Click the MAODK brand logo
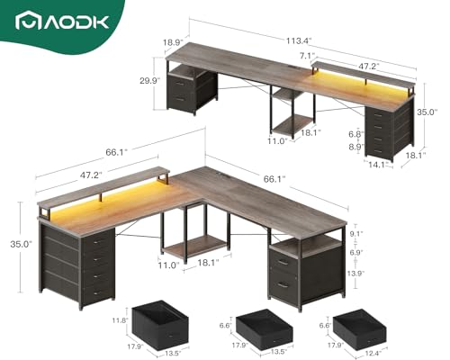(65, 19)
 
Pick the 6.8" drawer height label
(356, 133)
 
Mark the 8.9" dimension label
(356, 146)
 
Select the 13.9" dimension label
(356, 273)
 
